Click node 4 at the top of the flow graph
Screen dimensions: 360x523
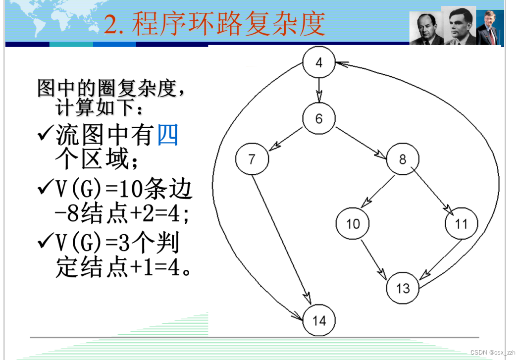318,63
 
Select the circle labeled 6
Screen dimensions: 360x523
318,119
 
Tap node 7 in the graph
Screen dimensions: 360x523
252,159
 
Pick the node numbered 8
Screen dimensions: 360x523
403,159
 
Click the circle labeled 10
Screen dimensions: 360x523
353,224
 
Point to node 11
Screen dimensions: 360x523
461,224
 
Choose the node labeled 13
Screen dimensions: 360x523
403,288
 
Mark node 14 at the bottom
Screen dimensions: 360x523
319,320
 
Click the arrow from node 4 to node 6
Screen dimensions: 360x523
318,91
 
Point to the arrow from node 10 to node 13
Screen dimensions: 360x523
374,258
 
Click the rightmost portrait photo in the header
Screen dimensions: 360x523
490,27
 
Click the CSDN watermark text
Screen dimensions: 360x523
493,352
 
